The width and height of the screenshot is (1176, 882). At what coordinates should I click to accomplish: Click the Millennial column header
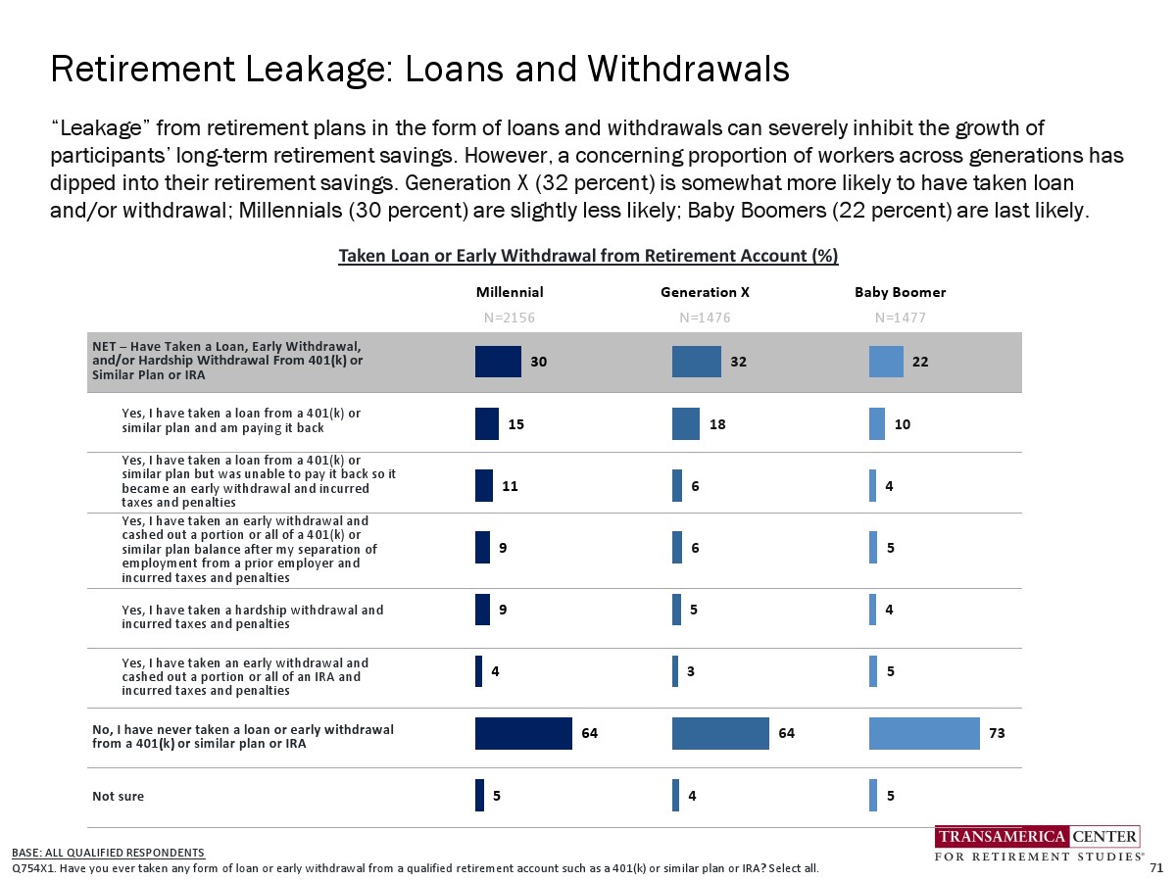tap(509, 292)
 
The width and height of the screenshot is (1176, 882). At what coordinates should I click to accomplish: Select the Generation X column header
tap(705, 292)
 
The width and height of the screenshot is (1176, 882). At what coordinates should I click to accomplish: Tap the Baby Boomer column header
tap(900, 292)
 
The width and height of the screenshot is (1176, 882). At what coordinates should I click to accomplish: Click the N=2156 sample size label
tap(510, 318)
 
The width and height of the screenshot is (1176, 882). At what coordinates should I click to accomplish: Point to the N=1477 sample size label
tap(900, 318)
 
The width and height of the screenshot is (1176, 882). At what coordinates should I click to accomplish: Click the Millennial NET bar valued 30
tap(498, 362)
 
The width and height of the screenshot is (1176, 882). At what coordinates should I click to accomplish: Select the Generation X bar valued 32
tap(696, 362)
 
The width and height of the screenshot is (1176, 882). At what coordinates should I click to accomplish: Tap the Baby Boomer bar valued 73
tap(924, 733)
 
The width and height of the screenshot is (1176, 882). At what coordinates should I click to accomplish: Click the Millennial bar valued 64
tap(523, 733)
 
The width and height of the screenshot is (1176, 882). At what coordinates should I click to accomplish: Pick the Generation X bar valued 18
tap(685, 423)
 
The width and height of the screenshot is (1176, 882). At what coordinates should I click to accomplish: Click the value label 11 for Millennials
tap(510, 485)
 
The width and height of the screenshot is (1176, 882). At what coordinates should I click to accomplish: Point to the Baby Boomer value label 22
tap(920, 362)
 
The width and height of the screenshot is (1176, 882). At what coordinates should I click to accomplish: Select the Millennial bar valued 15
tap(487, 423)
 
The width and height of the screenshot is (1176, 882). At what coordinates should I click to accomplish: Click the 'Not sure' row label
tap(118, 796)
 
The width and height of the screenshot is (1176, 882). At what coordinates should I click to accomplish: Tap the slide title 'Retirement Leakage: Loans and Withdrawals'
tap(419, 69)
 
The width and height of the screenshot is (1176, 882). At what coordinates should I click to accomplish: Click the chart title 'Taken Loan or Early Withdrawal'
tap(588, 256)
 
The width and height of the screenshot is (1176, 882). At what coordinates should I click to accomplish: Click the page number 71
tap(1155, 867)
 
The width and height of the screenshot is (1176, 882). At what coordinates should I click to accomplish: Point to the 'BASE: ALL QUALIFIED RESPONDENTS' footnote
tap(108, 853)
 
